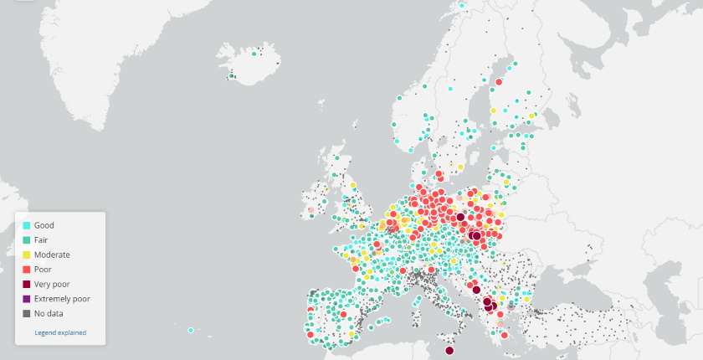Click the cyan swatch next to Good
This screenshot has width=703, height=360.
(x=27, y=225)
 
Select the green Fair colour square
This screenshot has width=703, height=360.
(x=27, y=240)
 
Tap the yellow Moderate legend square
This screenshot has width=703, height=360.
(x=27, y=255)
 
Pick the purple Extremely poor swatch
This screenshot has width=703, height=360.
(x=27, y=299)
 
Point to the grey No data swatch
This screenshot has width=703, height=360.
(x=27, y=314)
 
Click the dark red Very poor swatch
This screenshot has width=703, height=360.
(x=27, y=284)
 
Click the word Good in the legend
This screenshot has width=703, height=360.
(x=44, y=225)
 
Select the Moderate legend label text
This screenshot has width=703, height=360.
(x=52, y=255)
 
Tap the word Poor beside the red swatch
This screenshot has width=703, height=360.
(x=43, y=270)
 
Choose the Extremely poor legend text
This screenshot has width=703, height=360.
(x=62, y=299)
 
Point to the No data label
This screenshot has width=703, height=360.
(x=49, y=314)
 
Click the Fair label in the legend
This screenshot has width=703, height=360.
(x=41, y=240)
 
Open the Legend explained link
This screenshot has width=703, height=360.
(x=60, y=332)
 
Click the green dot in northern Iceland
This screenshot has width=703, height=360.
(x=254, y=54)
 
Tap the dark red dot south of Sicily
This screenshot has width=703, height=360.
(x=449, y=351)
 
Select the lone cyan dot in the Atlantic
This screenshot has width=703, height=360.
(x=191, y=330)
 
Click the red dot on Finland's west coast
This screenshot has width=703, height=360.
(x=498, y=82)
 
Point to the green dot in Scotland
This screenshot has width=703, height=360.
(x=336, y=157)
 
